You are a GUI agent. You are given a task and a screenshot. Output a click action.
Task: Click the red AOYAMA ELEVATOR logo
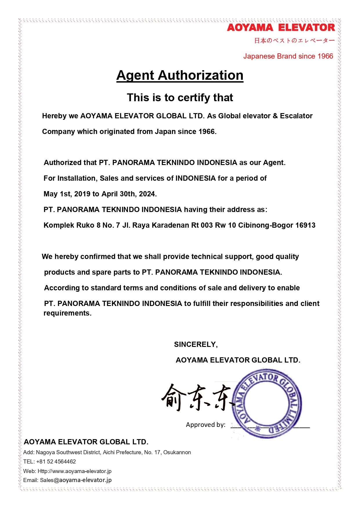281,28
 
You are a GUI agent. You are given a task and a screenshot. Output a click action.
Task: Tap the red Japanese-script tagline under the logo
294,41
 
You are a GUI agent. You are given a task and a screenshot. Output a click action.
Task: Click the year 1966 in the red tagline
325,56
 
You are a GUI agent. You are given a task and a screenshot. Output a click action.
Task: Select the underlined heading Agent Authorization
180,75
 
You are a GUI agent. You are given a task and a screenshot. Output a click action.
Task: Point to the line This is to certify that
180,98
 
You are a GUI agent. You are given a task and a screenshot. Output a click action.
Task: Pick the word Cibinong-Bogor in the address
265,225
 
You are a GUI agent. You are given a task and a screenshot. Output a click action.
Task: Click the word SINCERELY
195,345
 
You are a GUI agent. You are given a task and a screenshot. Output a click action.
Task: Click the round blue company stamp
267,403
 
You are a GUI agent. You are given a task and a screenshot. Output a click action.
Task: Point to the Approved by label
205,425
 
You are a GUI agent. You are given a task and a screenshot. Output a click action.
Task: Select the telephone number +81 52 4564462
56,462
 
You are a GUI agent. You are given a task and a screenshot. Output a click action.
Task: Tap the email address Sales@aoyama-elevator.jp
76,480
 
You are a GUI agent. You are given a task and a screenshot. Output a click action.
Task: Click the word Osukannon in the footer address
177,452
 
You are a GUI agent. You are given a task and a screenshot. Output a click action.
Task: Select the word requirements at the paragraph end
67,313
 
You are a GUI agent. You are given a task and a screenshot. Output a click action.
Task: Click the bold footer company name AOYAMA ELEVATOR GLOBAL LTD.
86,442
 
